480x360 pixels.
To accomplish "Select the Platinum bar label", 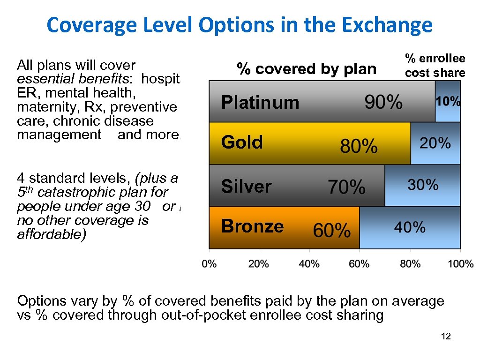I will (x=260, y=102).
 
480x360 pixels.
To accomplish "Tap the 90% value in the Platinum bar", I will (x=383, y=102).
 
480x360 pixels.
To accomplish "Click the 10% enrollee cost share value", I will (x=448, y=102).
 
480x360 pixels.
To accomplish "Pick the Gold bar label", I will (x=242, y=142).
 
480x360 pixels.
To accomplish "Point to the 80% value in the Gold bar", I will (x=359, y=147).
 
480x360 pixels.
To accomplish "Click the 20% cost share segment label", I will (x=435, y=143).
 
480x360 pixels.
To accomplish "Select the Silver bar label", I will (x=246, y=187).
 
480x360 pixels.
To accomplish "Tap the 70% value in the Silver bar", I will (x=346, y=188).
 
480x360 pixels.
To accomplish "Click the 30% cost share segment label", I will (x=423, y=185).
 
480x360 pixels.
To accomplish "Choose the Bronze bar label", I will (x=252, y=226).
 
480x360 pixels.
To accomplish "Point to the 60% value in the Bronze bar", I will (x=331, y=230).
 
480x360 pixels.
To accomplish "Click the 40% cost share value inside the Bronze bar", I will (x=410, y=228).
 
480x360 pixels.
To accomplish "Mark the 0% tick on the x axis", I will (x=209, y=264).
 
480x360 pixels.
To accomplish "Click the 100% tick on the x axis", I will (x=460, y=264).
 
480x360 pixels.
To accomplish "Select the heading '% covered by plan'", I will (x=306, y=69).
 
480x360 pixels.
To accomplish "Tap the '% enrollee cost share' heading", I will (x=435, y=66).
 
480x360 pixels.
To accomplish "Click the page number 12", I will (x=446, y=337).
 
